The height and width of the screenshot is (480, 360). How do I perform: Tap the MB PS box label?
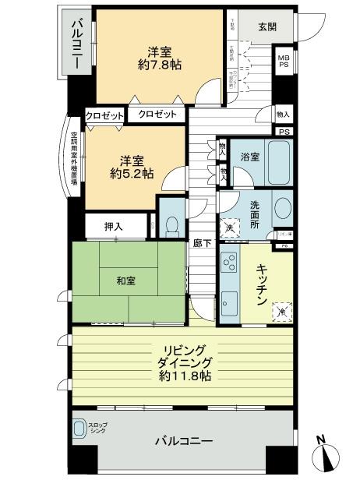tap(284, 60)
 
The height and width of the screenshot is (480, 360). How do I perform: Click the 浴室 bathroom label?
tap(249, 155)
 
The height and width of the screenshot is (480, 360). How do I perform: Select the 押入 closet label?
tap(115, 226)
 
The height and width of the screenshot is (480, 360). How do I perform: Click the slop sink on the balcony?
tap(80, 429)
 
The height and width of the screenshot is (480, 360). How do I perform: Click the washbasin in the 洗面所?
tap(282, 210)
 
